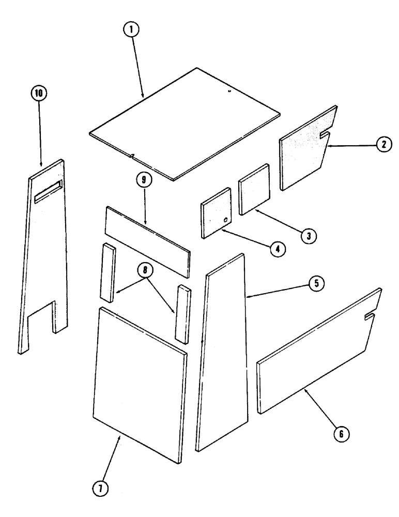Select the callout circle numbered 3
(309, 235)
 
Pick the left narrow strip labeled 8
(108, 272)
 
